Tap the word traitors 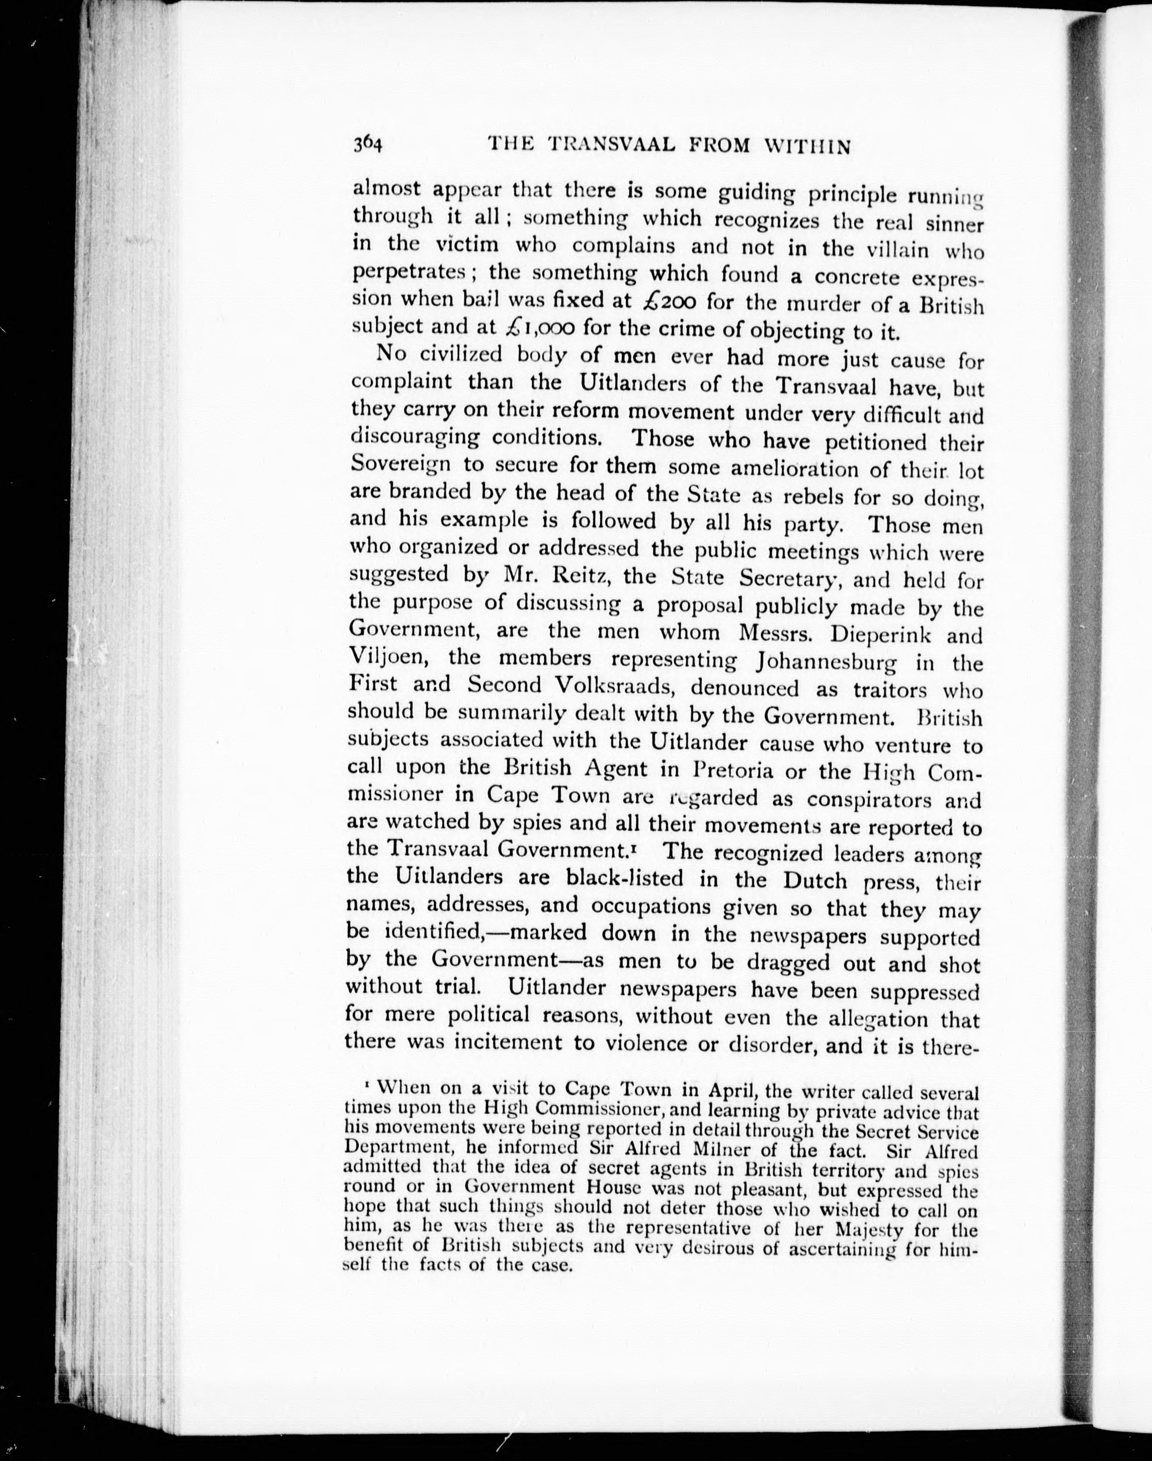[882, 690]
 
